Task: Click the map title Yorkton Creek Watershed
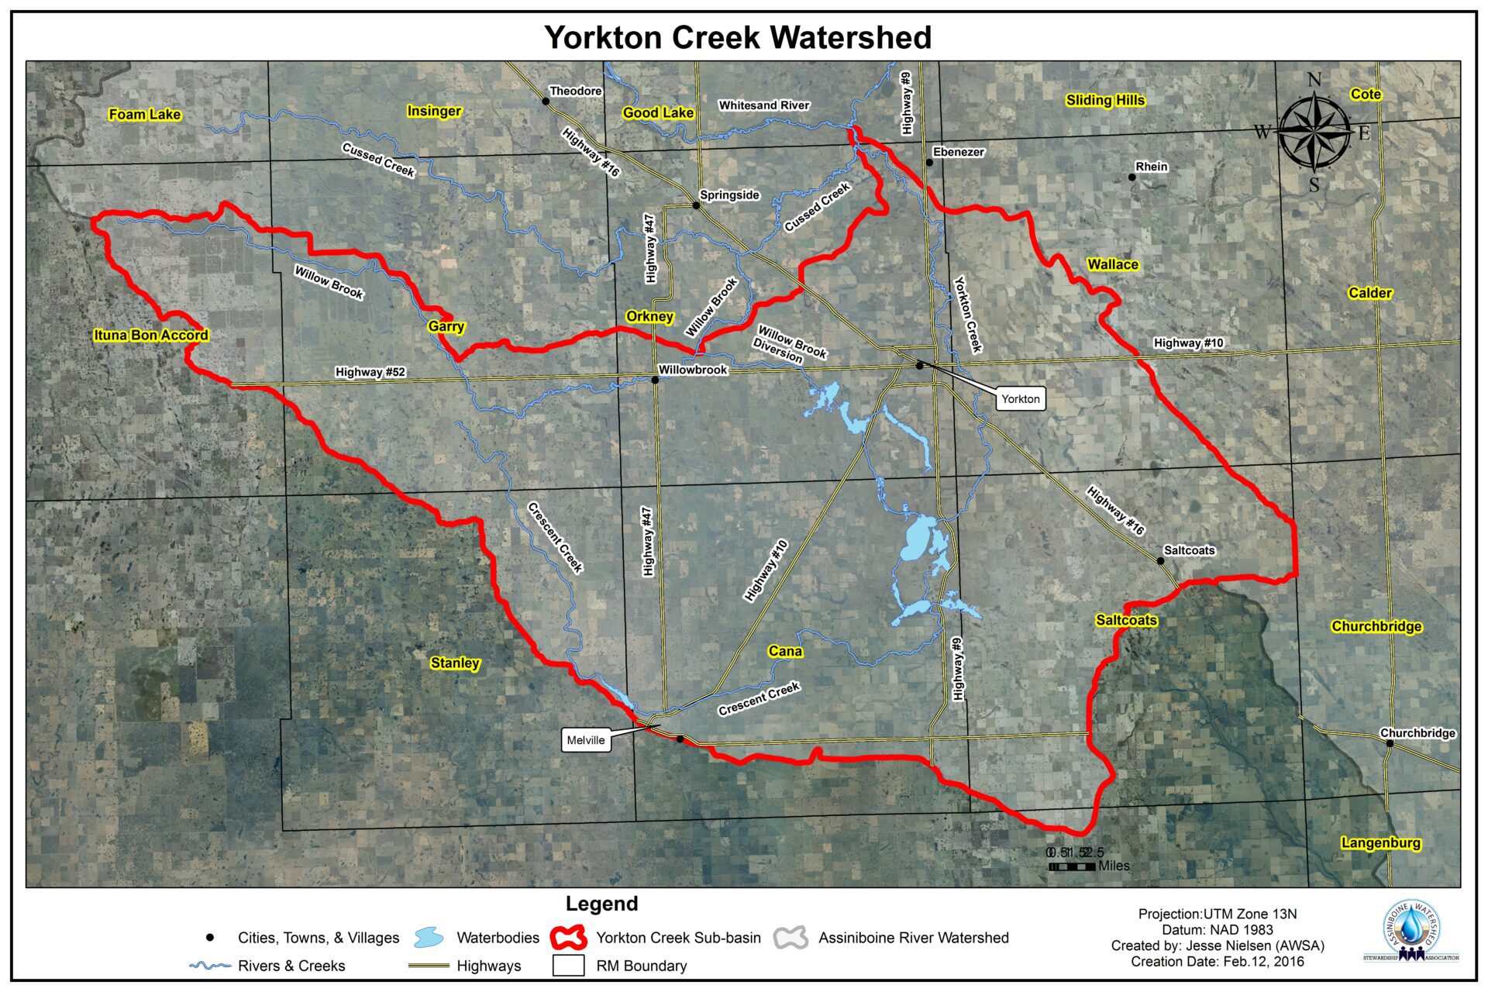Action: (737, 37)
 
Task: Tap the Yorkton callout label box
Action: (1020, 399)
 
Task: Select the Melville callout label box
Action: (585, 740)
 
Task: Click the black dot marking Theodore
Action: (546, 102)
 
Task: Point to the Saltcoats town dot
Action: (1160, 561)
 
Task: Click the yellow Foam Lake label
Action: (144, 115)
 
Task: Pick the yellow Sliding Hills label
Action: (1104, 100)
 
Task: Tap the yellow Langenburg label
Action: (1380, 843)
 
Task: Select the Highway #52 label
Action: (370, 372)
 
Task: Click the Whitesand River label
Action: (763, 105)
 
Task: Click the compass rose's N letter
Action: (1314, 80)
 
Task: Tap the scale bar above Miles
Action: (1071, 866)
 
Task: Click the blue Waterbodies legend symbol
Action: (429, 938)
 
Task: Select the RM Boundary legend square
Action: (569, 966)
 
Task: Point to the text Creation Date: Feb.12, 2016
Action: (1217, 962)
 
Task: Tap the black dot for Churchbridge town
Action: (1390, 743)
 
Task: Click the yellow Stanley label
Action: (455, 663)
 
